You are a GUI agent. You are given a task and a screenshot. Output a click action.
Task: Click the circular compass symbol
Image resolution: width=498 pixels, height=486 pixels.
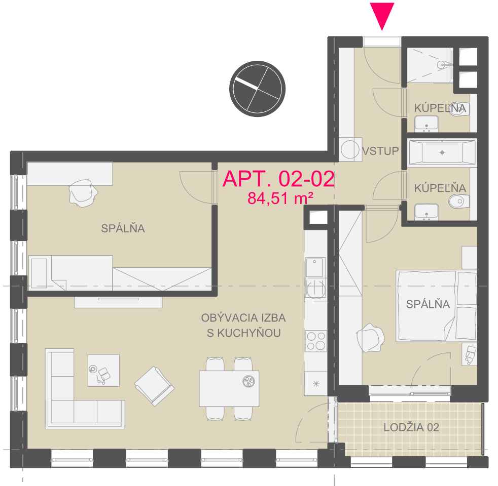click(x=257, y=89)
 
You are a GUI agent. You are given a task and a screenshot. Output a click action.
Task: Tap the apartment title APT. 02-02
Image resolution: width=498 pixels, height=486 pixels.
click(x=278, y=179)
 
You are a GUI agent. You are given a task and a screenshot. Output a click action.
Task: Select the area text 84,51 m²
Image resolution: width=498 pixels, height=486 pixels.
click(x=280, y=198)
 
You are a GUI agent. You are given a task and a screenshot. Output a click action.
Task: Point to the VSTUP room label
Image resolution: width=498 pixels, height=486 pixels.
click(x=380, y=151)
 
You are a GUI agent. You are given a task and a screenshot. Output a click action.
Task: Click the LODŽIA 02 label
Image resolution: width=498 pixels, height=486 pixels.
click(x=411, y=427)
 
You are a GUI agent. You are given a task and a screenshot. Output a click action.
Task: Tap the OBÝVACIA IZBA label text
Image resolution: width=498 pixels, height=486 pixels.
click(x=243, y=317)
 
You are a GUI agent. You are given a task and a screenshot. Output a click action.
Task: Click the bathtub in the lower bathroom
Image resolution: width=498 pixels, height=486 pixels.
click(x=442, y=152)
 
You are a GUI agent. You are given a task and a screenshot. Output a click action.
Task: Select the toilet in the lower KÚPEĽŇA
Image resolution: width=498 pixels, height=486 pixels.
click(x=459, y=201)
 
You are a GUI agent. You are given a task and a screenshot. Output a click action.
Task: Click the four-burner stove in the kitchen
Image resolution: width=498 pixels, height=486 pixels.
click(x=316, y=341)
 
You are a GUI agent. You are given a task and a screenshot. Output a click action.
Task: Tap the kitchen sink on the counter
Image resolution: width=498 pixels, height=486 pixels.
click(x=315, y=267)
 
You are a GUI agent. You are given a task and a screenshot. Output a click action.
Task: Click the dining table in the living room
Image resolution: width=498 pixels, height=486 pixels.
click(x=229, y=388)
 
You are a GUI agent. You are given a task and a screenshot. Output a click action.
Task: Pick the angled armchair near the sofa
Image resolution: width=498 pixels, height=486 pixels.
click(x=154, y=386)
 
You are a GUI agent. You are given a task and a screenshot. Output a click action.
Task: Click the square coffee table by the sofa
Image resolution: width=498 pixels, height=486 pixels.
click(x=103, y=370)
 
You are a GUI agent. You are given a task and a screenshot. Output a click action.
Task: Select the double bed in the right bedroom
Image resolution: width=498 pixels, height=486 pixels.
click(x=436, y=306)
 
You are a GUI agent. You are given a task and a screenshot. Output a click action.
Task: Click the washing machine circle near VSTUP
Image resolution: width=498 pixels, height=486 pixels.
click(x=350, y=149)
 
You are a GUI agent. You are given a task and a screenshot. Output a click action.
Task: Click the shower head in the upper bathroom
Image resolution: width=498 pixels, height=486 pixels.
click(x=441, y=65)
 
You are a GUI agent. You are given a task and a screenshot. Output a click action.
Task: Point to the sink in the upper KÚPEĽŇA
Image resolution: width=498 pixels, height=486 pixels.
click(x=426, y=124)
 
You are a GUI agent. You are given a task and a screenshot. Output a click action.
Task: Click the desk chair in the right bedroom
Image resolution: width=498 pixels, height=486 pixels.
click(x=370, y=338)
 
